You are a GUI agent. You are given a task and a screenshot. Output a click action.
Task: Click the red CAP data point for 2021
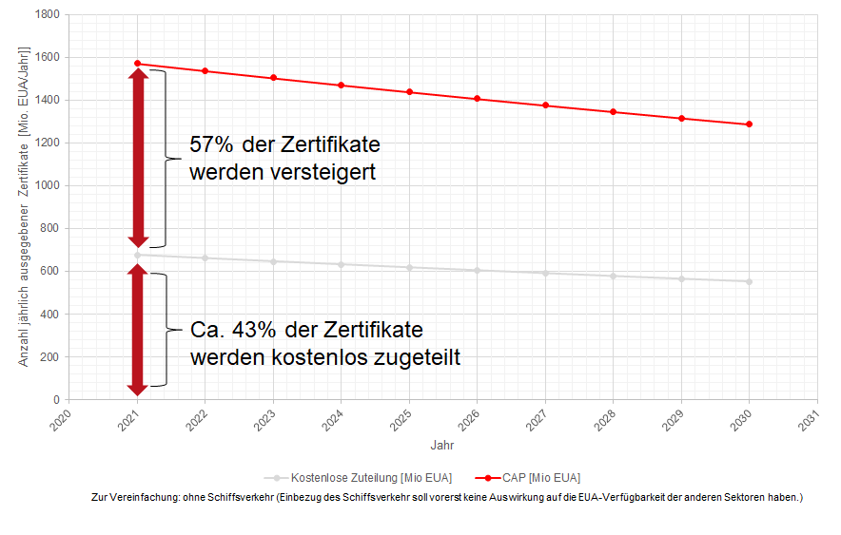138,64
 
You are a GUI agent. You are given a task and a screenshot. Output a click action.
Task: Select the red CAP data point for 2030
750,124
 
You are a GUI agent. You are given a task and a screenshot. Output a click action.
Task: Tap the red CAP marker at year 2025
409,92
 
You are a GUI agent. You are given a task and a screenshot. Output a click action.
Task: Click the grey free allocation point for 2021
138,255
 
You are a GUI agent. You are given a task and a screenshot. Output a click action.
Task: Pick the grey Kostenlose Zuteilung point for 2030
750,281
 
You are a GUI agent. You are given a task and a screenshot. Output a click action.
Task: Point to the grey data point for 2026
478,270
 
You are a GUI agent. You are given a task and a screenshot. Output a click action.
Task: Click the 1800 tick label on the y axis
46,14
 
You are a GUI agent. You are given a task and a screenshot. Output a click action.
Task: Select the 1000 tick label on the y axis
46,185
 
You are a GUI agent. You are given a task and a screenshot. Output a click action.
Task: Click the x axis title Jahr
442,444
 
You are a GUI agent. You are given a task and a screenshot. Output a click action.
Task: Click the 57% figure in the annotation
210,145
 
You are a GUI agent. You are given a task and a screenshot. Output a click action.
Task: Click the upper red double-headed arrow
138,158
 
